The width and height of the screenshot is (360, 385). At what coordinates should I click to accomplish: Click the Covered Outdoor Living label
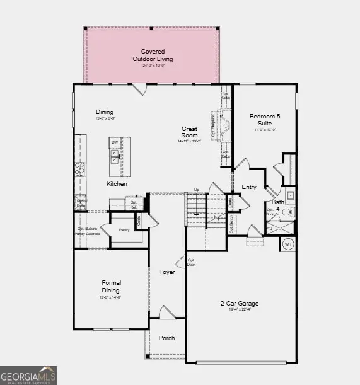pyautogui.click(x=153, y=55)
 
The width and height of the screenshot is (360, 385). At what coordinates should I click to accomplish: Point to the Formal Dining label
pyautogui.click(x=112, y=287)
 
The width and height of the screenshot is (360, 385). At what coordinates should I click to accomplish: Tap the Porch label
pyautogui.click(x=167, y=338)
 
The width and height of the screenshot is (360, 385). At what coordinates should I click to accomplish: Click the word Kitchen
pyautogui.click(x=117, y=184)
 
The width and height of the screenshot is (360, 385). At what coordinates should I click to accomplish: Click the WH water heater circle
pyautogui.click(x=288, y=244)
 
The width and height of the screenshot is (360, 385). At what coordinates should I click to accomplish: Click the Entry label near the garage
pyautogui.click(x=250, y=187)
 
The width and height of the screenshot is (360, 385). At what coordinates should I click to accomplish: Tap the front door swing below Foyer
pyautogui.click(x=165, y=312)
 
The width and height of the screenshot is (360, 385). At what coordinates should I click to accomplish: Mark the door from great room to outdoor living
pyautogui.click(x=142, y=89)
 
